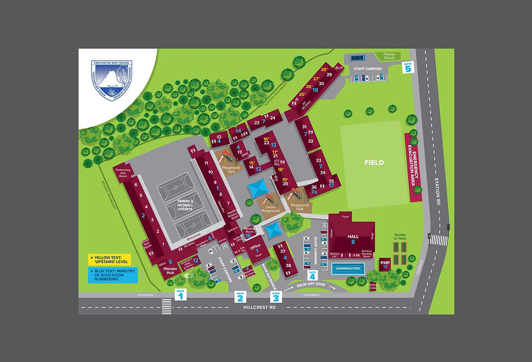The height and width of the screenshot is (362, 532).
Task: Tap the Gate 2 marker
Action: click(241, 296)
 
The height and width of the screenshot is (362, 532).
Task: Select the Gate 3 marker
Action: click(276, 296)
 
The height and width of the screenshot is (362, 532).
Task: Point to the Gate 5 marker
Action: click(408, 67)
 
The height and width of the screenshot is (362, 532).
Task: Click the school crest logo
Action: click(114, 77)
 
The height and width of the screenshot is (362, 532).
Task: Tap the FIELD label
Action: click(374, 162)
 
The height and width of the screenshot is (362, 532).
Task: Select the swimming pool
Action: click(348, 268)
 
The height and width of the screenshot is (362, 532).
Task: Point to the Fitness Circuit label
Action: click(389, 55)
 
